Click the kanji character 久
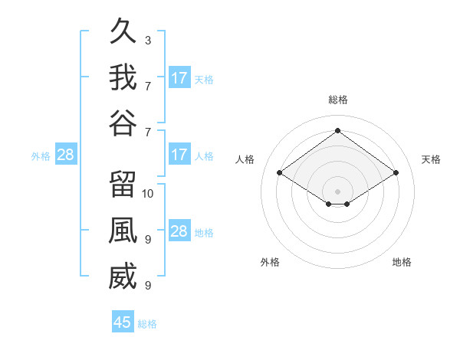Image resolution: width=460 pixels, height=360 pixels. coord(123,31)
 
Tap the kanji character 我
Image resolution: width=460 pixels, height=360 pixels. coord(123,77)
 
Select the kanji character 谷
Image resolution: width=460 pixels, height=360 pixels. coord(123,123)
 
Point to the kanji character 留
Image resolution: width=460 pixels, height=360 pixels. coord(123,184)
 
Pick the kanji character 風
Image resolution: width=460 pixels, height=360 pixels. coord(123,230)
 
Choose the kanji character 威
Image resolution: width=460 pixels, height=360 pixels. coord(123,276)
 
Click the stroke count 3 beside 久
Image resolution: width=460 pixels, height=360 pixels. coord(148,41)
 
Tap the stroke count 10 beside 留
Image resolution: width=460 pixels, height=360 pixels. coord(147,194)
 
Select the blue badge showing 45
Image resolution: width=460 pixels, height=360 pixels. coord(123,321)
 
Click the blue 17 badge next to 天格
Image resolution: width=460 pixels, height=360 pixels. coord(180,77)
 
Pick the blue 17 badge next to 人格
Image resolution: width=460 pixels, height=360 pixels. coord(180,154)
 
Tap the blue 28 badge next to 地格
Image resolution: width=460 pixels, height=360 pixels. coord(180,230)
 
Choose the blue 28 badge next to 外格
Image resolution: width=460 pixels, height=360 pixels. coord(66,154)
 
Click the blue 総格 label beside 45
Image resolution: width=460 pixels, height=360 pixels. coord(147,324)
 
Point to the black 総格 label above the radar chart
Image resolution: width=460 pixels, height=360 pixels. coord(338,100)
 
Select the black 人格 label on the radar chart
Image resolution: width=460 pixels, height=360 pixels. coord(245,159)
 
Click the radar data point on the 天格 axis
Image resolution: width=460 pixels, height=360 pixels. coord(396,172)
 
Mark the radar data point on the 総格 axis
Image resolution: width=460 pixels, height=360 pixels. coord(337,130)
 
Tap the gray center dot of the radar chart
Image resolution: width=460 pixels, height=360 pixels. coord(337,191)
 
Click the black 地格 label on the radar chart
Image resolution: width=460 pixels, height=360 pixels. coord(402,262)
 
